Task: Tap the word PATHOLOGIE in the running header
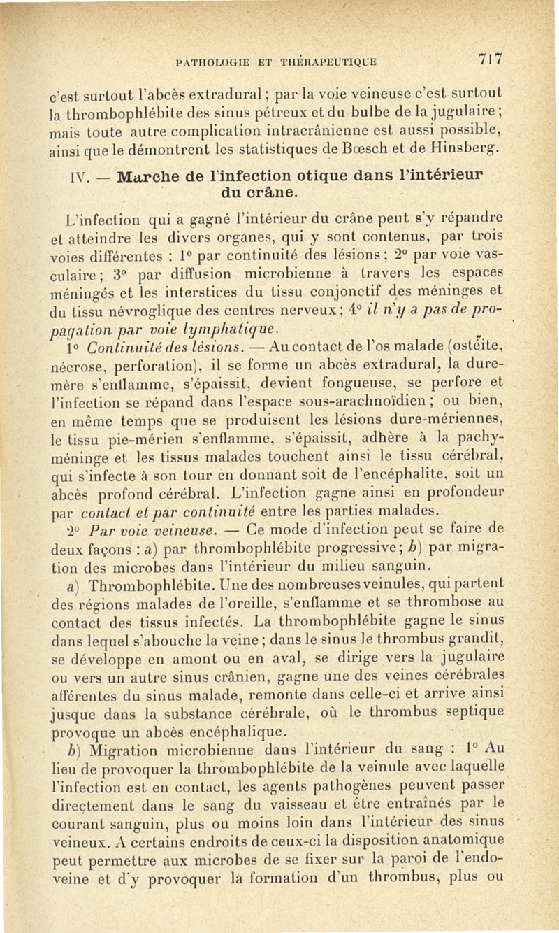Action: [x=211, y=62]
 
